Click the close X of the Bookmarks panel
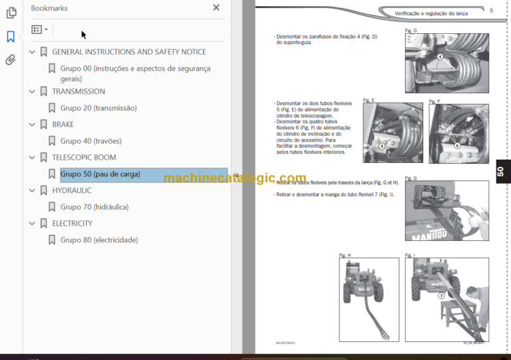coord(216,8)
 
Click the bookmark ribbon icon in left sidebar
coord(11,37)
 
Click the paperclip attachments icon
coord(11,60)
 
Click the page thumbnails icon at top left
coord(11,13)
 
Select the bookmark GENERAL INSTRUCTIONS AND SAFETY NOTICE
coord(128,52)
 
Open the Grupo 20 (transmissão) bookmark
coord(98,108)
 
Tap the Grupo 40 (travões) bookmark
coord(90,141)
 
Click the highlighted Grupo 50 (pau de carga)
coord(100,174)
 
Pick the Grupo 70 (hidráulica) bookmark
coord(94,207)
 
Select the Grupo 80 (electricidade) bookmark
coord(98,240)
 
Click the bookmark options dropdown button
coord(39,30)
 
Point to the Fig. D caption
coord(411,31)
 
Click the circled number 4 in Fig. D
coord(440,57)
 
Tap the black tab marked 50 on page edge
coord(502,172)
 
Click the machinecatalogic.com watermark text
coord(234,178)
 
